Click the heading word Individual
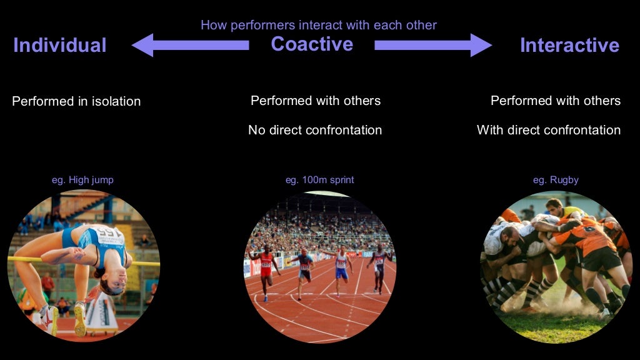pyautogui.click(x=60, y=45)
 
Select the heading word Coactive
pyautogui.click(x=312, y=44)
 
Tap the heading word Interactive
pyautogui.click(x=569, y=45)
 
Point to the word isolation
pyautogui.click(x=116, y=101)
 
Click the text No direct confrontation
pyautogui.click(x=315, y=130)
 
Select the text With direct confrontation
pyautogui.click(x=549, y=130)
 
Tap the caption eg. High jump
pyautogui.click(x=82, y=180)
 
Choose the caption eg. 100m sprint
pyautogui.click(x=319, y=180)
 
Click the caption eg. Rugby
pyautogui.click(x=556, y=180)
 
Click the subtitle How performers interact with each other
pyautogui.click(x=319, y=25)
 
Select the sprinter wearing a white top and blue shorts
pyautogui.click(x=341, y=267)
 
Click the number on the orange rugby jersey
pyautogui.click(x=589, y=229)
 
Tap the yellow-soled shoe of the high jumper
pyautogui.click(x=80, y=318)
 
